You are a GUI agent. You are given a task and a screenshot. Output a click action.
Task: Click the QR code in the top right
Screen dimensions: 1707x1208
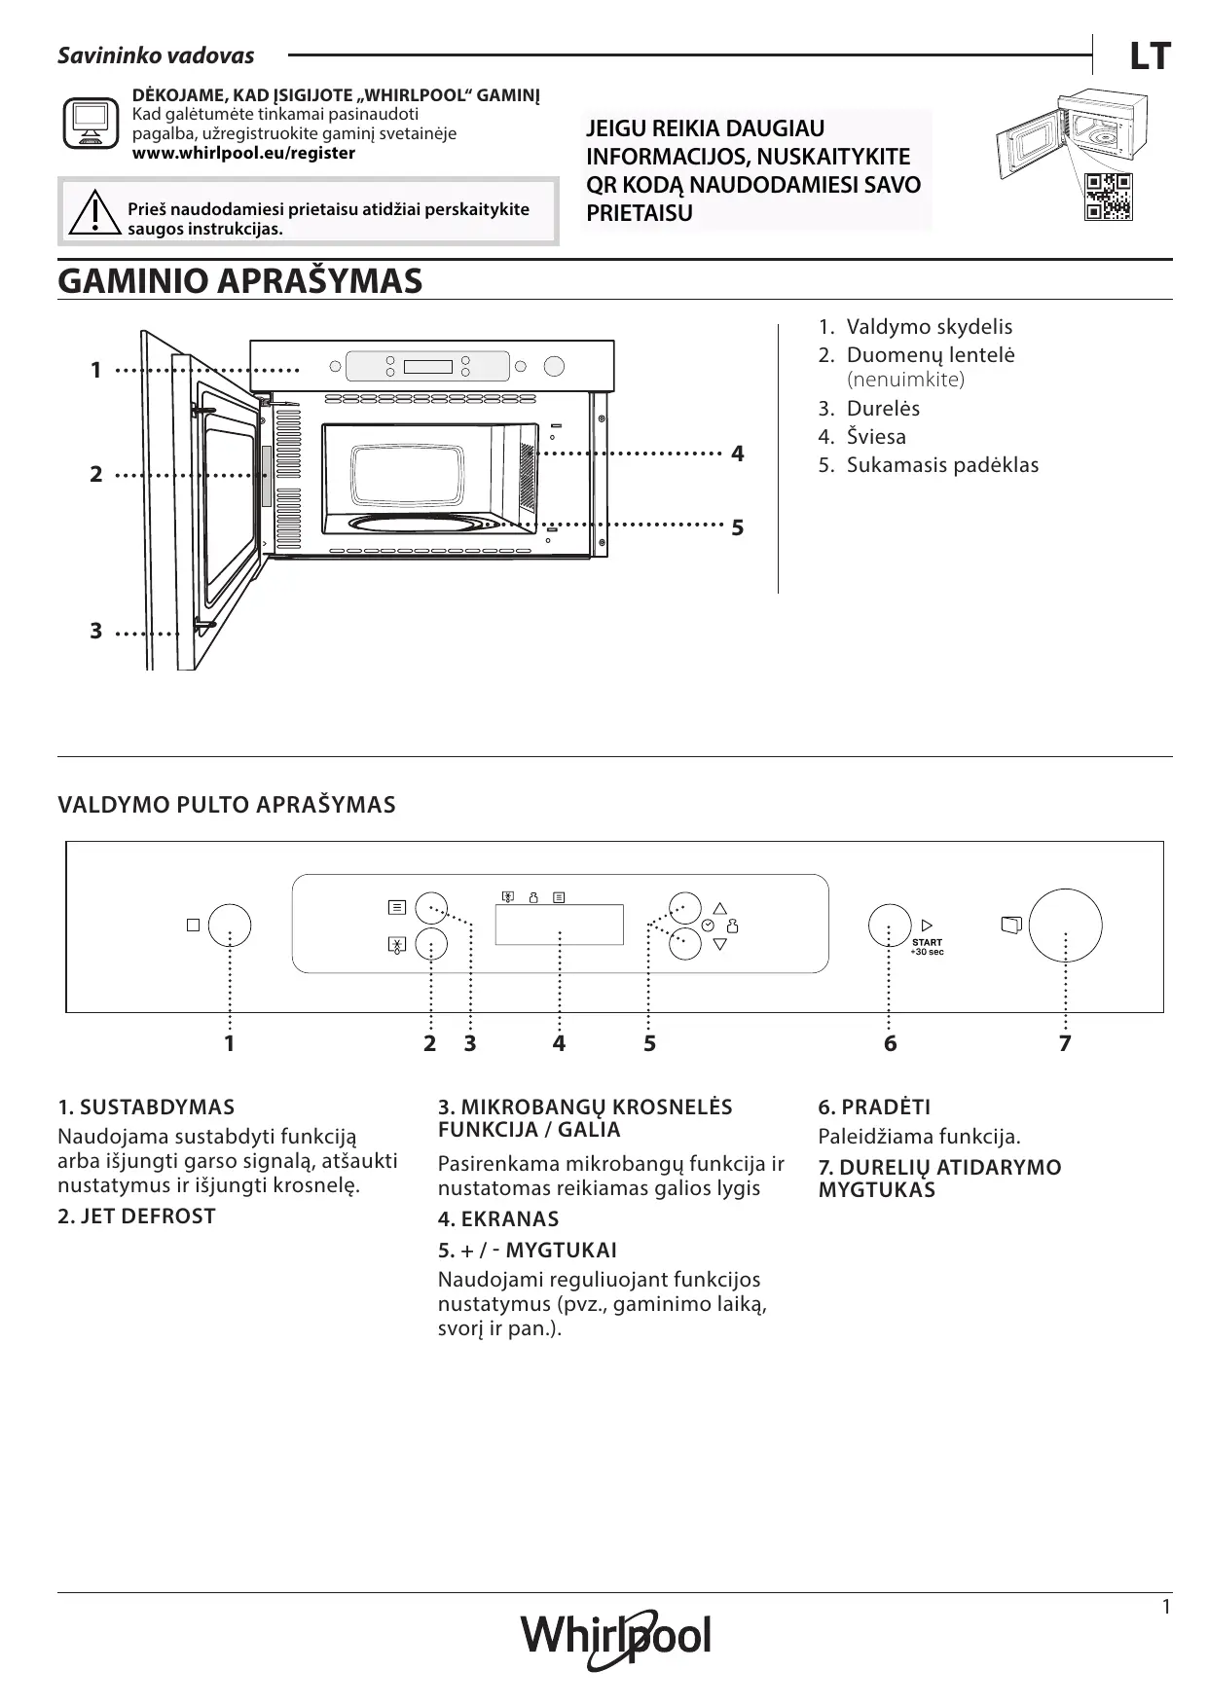click(x=1108, y=197)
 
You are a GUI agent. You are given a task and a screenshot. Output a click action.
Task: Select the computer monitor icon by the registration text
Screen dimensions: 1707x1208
click(x=90, y=124)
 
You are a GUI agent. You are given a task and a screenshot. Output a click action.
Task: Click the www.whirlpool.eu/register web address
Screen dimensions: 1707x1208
click(x=243, y=154)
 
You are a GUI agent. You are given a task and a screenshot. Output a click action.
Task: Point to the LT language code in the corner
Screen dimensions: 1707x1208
click(x=1149, y=57)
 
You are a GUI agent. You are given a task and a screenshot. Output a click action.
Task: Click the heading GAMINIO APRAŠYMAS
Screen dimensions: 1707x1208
click(x=240, y=281)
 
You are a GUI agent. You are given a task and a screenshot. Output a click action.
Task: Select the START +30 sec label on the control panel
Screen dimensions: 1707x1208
click(x=927, y=946)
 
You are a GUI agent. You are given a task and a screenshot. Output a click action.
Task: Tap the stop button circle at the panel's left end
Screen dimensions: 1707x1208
click(x=230, y=925)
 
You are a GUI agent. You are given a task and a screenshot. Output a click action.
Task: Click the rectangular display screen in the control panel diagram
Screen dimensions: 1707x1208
click(x=559, y=924)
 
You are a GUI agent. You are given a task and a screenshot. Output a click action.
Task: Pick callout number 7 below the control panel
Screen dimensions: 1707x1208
click(x=1065, y=1044)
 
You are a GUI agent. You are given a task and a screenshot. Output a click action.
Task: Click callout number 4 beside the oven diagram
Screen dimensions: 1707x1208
click(x=738, y=454)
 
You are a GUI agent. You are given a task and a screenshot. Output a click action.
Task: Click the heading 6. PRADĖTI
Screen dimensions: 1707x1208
click(x=874, y=1107)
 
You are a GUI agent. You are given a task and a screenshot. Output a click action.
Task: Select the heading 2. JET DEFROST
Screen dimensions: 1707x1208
click(x=136, y=1216)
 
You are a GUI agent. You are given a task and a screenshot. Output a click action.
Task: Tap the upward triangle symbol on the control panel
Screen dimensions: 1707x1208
click(x=720, y=908)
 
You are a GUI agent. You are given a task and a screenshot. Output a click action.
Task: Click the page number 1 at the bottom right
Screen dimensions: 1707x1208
click(x=1166, y=1607)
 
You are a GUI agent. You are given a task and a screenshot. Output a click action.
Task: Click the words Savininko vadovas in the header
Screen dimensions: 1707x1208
click(x=156, y=55)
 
